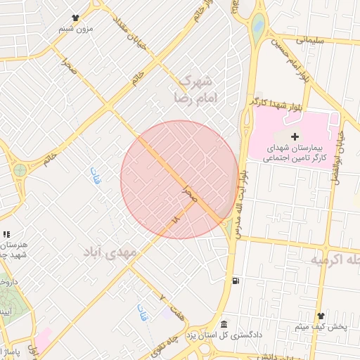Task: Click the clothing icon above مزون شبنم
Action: (75, 18)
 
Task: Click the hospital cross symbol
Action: (294, 136)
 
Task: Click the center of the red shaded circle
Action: (179, 179)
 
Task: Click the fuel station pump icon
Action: (235, 282)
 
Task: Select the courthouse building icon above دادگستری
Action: (224, 323)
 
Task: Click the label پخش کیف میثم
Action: (320, 327)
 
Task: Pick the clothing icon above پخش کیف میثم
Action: (321, 316)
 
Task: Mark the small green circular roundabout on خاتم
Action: (20, 169)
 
